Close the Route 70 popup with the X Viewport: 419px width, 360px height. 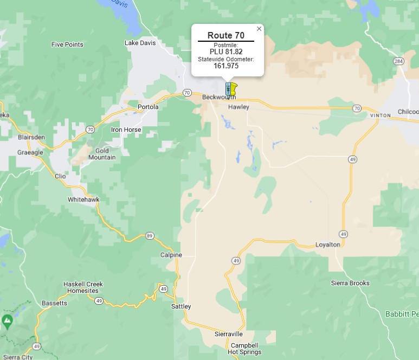pos(259,29)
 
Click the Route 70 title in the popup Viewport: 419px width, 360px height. pos(226,35)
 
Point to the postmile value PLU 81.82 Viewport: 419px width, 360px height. pos(226,52)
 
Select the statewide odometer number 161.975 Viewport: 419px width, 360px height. pos(226,66)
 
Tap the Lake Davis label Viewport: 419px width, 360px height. pos(139,43)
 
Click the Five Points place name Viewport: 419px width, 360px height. pos(67,44)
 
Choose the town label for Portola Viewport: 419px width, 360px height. pos(148,107)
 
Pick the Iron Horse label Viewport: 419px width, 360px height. pos(126,130)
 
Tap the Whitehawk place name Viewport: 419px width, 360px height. pos(83,200)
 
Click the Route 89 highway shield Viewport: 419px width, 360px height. pos(149,236)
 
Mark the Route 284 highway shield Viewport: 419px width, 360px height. pos(399,61)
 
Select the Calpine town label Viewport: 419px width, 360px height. pos(171,255)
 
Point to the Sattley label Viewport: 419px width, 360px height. pos(181,306)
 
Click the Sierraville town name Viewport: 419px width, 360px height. pos(228,334)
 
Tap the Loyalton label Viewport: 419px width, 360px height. pos(328,245)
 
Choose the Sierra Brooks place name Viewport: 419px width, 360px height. pos(350,283)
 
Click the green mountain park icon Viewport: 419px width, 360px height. pos(7,321)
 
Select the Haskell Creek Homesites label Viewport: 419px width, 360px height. pos(83,287)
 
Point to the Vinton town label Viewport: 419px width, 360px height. pos(380,115)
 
